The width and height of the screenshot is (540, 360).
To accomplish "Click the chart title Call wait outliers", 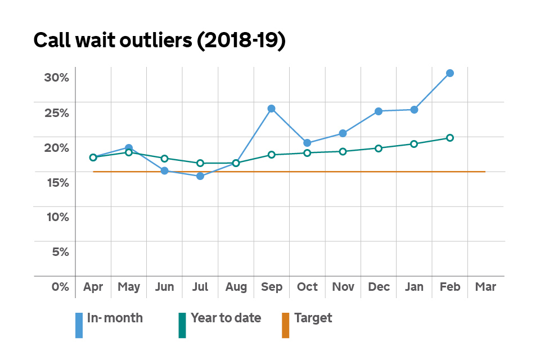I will (160, 41).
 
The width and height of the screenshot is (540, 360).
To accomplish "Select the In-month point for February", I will (450, 73).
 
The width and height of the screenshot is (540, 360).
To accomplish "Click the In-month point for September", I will (271, 109).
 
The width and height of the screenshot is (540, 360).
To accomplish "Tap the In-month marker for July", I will (200, 176).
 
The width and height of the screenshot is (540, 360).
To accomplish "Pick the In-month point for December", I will (379, 111).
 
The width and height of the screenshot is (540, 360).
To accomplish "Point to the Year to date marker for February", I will (450, 138).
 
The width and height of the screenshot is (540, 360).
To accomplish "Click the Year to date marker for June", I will (164, 159).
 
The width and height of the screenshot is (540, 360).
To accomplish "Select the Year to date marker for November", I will (343, 151).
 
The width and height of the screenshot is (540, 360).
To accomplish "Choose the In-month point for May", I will (129, 148).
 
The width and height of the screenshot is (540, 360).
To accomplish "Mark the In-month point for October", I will (307, 143).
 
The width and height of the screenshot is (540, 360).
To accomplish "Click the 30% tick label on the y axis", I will (56, 78).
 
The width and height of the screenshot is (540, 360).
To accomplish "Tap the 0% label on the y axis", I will (60, 287).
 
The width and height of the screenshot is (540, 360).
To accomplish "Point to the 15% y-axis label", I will (56, 182).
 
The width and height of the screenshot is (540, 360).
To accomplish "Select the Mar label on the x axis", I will (485, 287).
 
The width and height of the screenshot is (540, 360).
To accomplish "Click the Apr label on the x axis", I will (93, 287).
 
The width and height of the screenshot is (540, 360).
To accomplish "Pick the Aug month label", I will (236, 287).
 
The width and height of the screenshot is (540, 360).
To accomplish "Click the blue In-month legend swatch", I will (79, 325).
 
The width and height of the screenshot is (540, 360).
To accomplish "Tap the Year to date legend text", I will (226, 318).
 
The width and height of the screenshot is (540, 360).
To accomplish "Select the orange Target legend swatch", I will (285, 325).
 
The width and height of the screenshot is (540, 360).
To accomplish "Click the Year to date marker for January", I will (414, 144).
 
